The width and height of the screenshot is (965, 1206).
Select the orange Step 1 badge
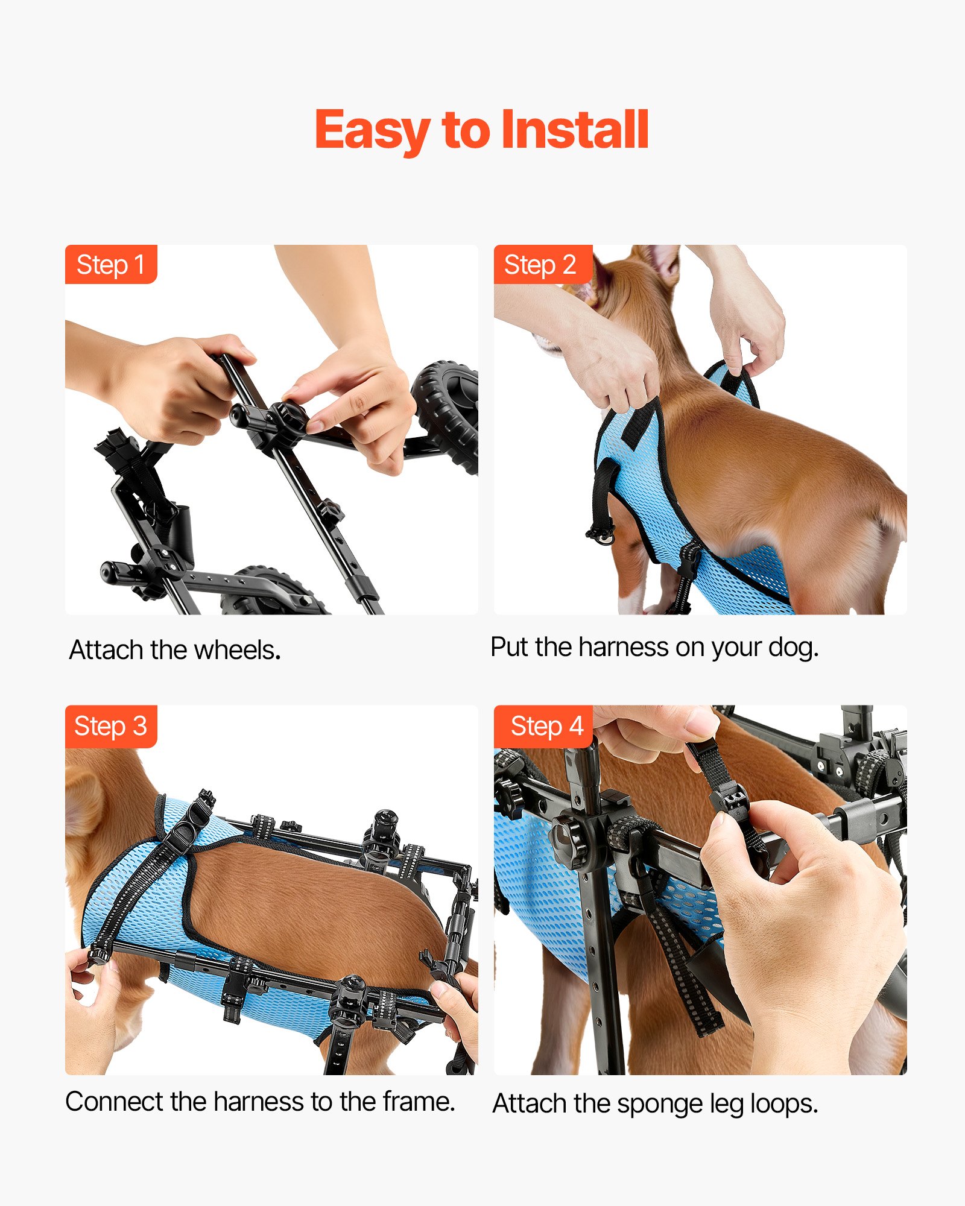pyautogui.click(x=111, y=265)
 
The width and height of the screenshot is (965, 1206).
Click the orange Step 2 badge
pyautogui.click(x=540, y=265)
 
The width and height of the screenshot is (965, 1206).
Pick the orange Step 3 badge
pyautogui.click(x=111, y=726)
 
